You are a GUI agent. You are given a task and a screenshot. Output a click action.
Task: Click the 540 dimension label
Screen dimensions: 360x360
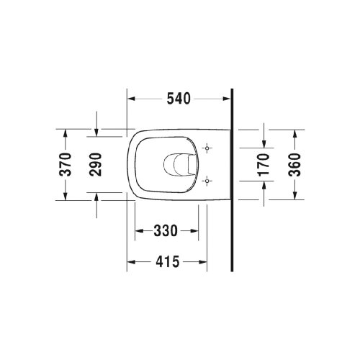pos(179,99)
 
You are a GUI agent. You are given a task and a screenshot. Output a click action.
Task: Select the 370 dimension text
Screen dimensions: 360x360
pos(66,164)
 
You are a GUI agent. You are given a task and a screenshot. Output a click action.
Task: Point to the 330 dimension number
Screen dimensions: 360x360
pos(166,230)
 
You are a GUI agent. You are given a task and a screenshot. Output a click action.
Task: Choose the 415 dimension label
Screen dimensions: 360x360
pos(166,263)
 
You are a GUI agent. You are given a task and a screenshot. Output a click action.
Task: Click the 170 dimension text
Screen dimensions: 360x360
pos(264,164)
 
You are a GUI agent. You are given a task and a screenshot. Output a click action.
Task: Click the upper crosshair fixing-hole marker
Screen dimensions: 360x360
pos(208,149)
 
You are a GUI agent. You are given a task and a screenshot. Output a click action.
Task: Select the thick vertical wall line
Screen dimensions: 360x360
pos(233,180)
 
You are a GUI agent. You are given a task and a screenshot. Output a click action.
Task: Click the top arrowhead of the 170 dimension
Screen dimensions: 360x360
pos(264,144)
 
